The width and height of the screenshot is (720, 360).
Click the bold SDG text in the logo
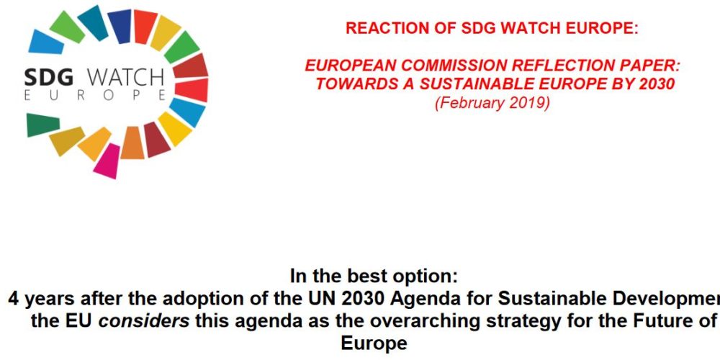[x=49, y=77]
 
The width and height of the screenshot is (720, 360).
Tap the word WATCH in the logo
[x=125, y=77]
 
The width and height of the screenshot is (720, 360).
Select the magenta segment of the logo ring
[x=107, y=161]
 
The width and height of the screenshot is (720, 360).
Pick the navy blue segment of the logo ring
[x=120, y=26]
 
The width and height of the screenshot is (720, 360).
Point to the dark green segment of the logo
[x=42, y=125]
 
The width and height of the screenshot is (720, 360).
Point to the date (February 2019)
[x=492, y=103]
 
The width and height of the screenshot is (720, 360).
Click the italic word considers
[x=144, y=321]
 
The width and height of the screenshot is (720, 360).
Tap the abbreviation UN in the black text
[x=315, y=299]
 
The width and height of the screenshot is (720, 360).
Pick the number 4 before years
[x=14, y=299]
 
